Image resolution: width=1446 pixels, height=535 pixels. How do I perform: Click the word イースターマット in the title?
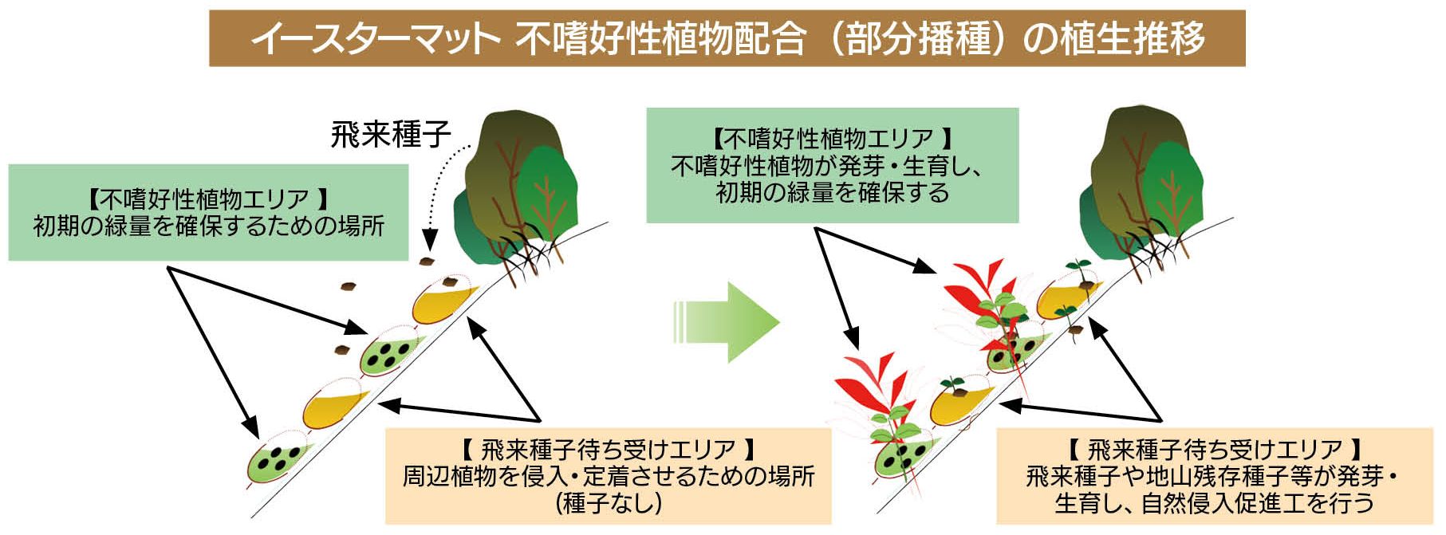click(375, 38)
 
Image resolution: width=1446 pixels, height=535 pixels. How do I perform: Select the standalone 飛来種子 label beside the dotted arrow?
click(392, 134)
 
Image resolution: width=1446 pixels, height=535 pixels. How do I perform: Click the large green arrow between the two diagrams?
click(726, 322)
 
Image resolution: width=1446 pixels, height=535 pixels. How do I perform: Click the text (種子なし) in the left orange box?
click(609, 503)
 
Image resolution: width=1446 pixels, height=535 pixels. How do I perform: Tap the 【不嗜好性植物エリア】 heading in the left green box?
click(209, 199)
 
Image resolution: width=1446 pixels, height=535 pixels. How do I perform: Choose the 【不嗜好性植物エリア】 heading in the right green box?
click(833, 139)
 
